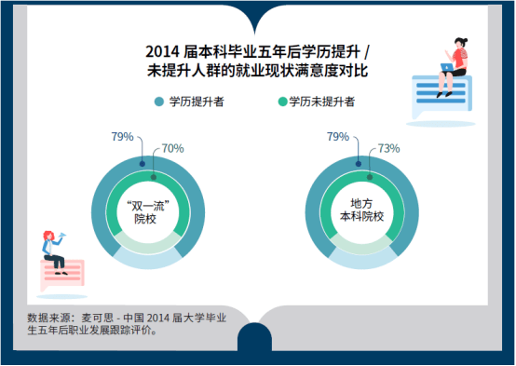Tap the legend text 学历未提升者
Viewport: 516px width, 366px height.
[320, 101]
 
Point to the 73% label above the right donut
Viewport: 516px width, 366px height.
[389, 148]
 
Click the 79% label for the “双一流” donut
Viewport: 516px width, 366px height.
[123, 137]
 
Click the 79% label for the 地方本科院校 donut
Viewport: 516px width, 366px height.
[336, 137]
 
